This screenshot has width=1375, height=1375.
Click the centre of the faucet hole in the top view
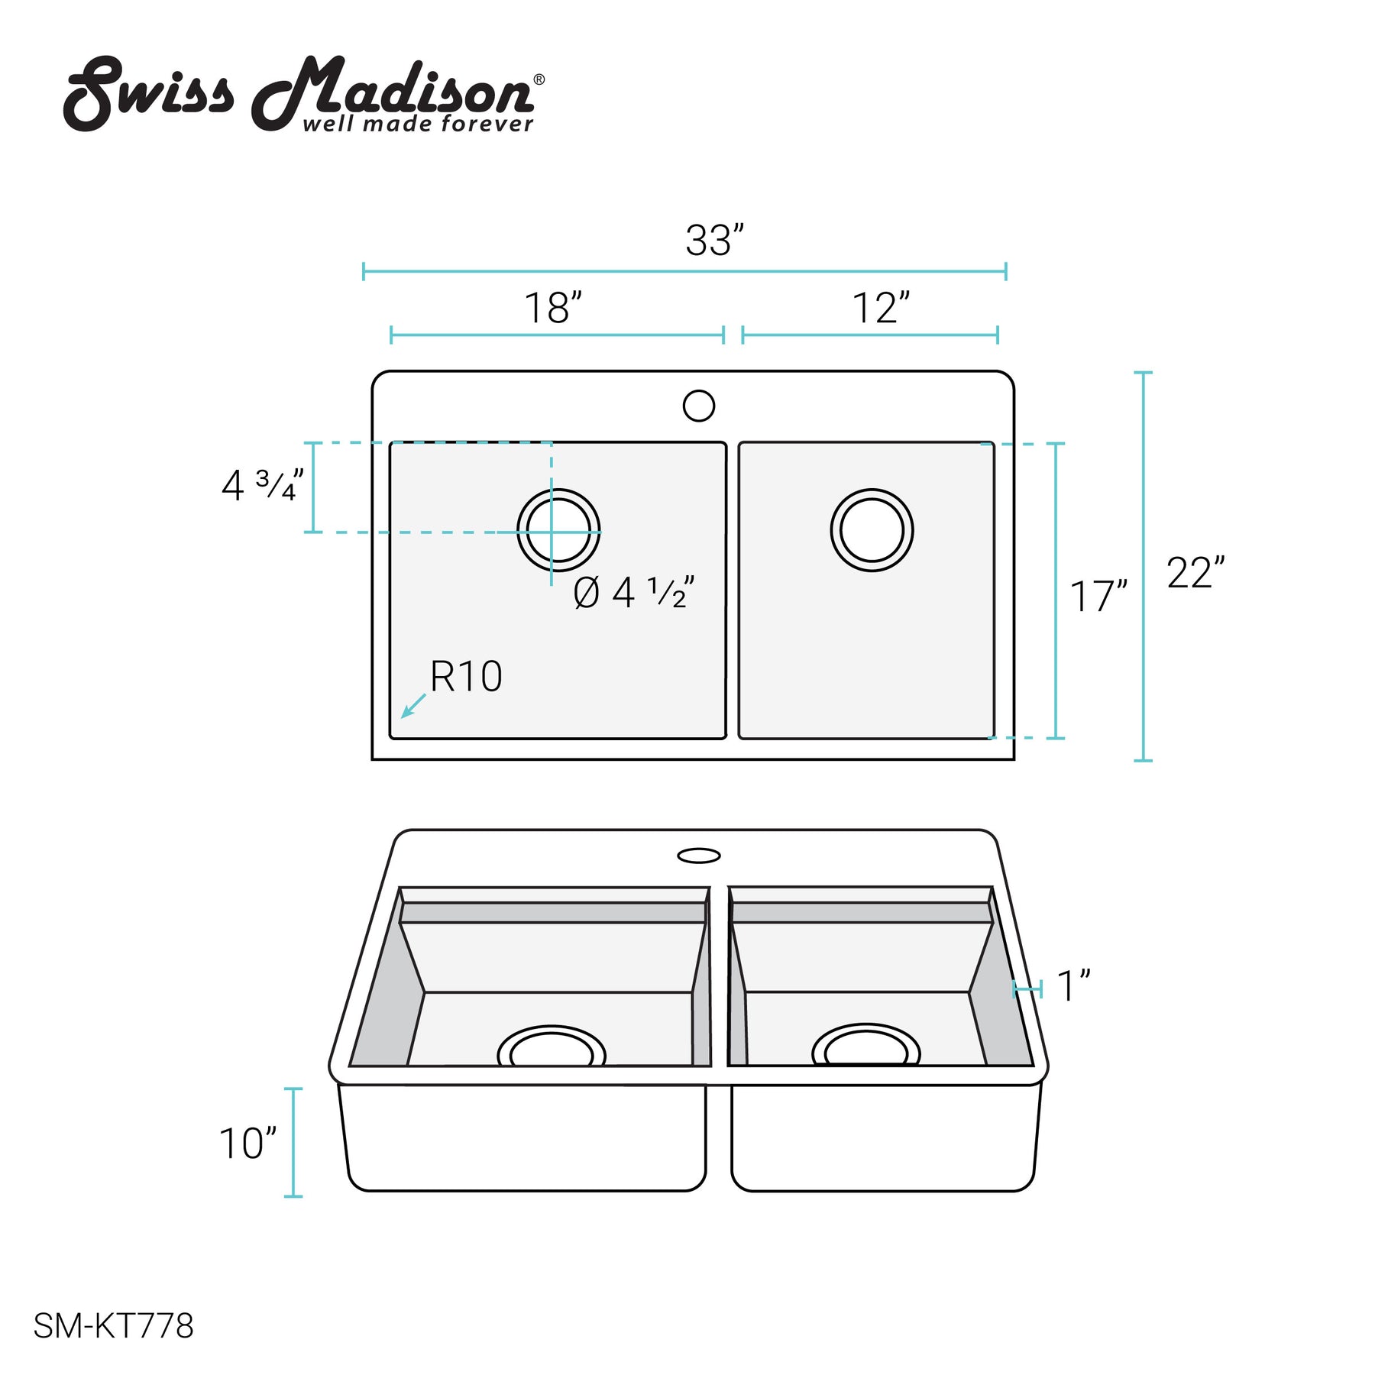coord(698,406)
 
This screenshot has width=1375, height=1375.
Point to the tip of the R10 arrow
coord(402,717)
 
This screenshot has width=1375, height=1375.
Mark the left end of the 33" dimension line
coord(364,271)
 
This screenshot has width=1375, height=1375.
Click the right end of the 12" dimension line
coord(998,335)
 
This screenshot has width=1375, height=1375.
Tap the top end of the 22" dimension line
coord(1143,373)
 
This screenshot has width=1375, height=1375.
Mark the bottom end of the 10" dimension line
coord(293,1195)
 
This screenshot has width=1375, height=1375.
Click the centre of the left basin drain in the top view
coord(558,530)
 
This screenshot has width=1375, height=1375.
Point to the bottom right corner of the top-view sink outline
coord(1014,759)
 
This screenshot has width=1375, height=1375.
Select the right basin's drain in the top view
coord(872,530)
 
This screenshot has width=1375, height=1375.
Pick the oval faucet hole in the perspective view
coord(699,855)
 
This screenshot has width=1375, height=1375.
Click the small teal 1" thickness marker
coord(1027,989)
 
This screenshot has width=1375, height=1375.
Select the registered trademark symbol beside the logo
coord(539,79)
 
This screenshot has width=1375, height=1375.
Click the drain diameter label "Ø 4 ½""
coord(634,593)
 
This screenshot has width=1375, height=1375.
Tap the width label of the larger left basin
coord(553,308)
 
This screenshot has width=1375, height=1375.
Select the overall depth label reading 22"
coord(1195,573)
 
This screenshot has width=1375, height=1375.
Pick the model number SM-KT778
coord(113,1326)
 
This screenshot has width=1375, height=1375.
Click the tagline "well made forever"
coord(418,124)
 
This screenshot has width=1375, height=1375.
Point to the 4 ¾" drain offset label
coord(263,485)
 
